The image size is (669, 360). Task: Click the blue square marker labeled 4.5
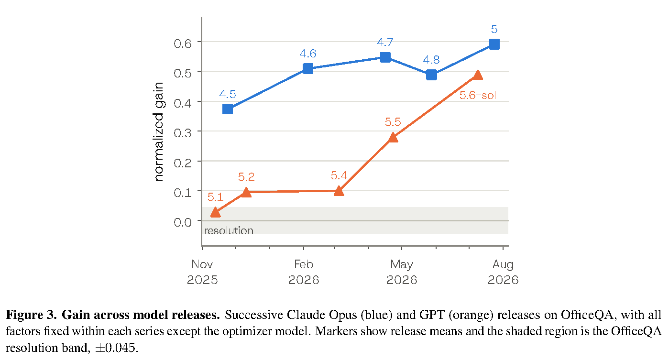click(228, 109)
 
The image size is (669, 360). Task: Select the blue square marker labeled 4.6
click(308, 69)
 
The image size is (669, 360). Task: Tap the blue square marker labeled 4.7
click(385, 57)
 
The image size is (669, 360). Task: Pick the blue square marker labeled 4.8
click(431, 75)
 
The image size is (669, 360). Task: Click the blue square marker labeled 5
click(494, 44)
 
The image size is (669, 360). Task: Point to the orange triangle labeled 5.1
click(215, 213)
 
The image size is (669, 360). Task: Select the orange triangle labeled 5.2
click(246, 193)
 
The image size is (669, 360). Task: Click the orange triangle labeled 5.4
click(339, 191)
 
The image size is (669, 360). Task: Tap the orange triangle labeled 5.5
click(393, 138)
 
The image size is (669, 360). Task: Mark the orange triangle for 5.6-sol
click(478, 75)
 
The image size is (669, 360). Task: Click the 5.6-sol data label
click(478, 95)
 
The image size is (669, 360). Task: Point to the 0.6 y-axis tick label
click(183, 44)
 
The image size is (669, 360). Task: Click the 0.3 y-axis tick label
click(183, 133)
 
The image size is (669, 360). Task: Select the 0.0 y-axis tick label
click(183, 222)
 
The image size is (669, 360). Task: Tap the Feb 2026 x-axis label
click(304, 272)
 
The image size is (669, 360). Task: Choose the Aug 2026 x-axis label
click(503, 272)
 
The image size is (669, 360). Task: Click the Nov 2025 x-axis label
click(202, 272)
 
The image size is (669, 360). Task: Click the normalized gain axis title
click(159, 131)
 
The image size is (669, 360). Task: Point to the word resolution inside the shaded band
click(229, 230)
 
